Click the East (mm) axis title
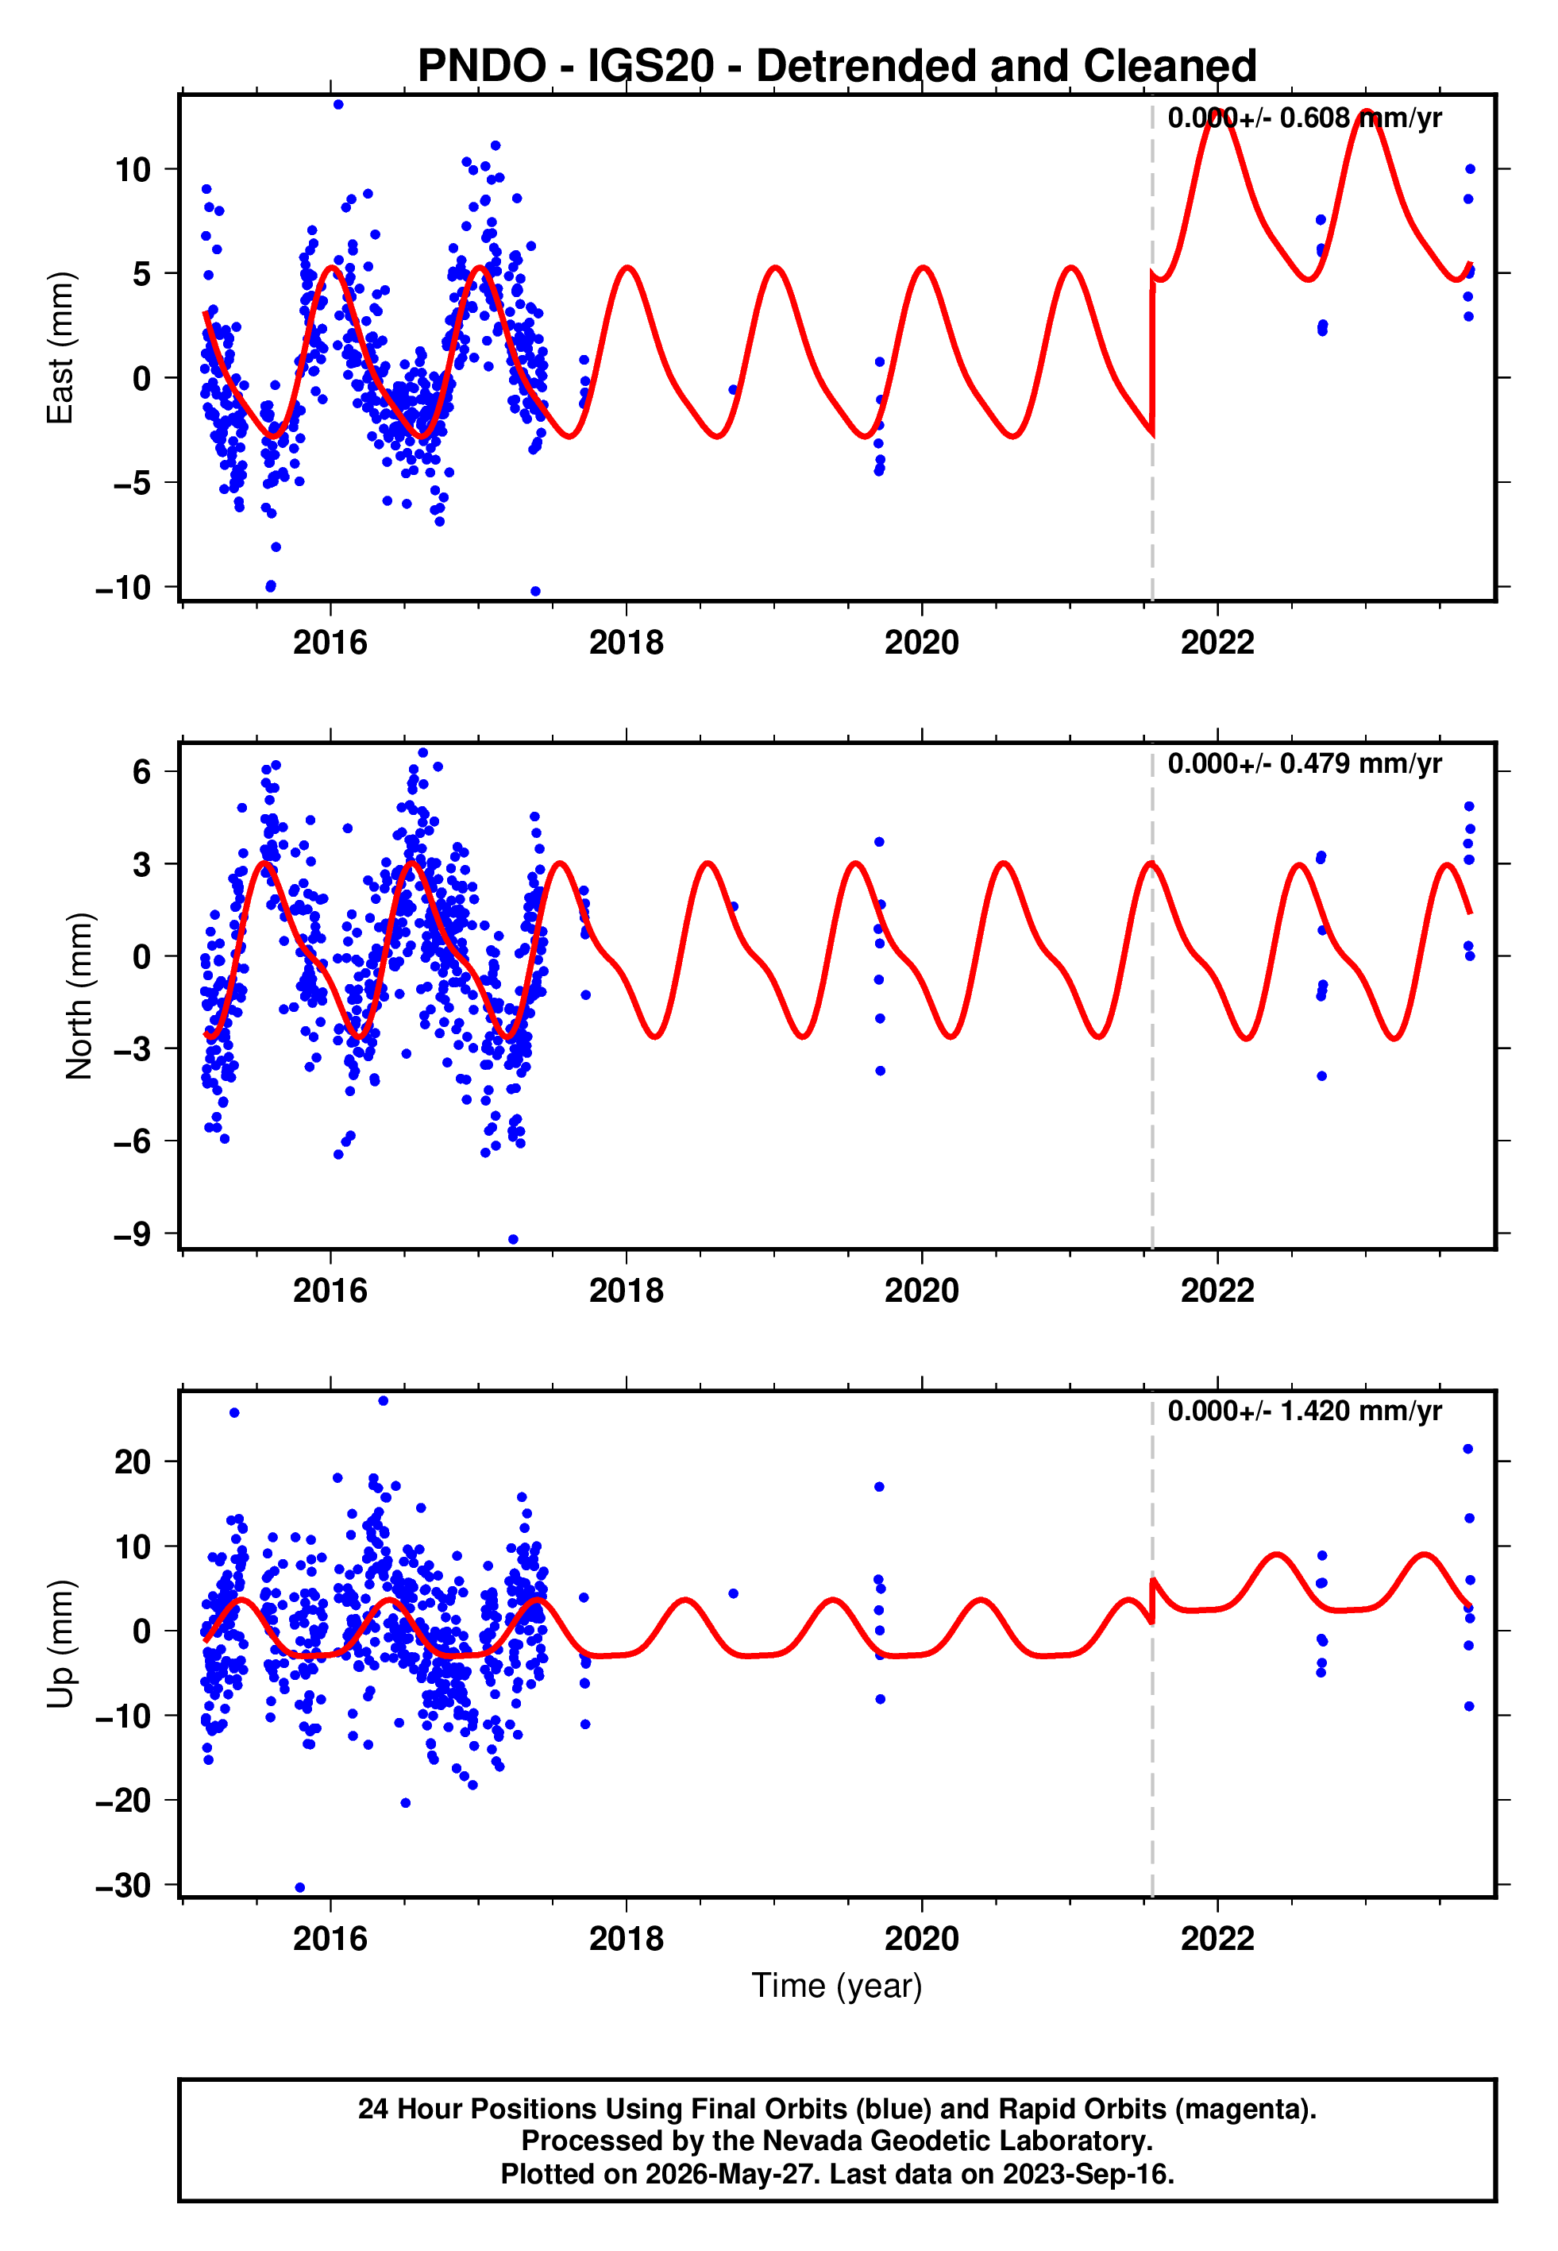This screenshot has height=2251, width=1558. [x=60, y=348]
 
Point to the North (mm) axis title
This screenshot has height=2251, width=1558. [x=79, y=996]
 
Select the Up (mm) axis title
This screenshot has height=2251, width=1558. [x=60, y=1644]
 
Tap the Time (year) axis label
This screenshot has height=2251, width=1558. [x=837, y=1987]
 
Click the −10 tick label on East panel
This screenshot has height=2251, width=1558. [x=123, y=588]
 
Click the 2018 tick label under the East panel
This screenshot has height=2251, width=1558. [x=626, y=643]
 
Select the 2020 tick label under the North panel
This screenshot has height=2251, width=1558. [x=921, y=1291]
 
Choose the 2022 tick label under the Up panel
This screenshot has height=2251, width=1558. [x=1217, y=1939]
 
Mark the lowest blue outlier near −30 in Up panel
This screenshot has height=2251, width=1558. [x=299, y=1888]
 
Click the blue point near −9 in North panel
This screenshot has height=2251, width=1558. [x=514, y=1240]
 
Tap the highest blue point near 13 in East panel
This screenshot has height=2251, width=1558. [x=337, y=104]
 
